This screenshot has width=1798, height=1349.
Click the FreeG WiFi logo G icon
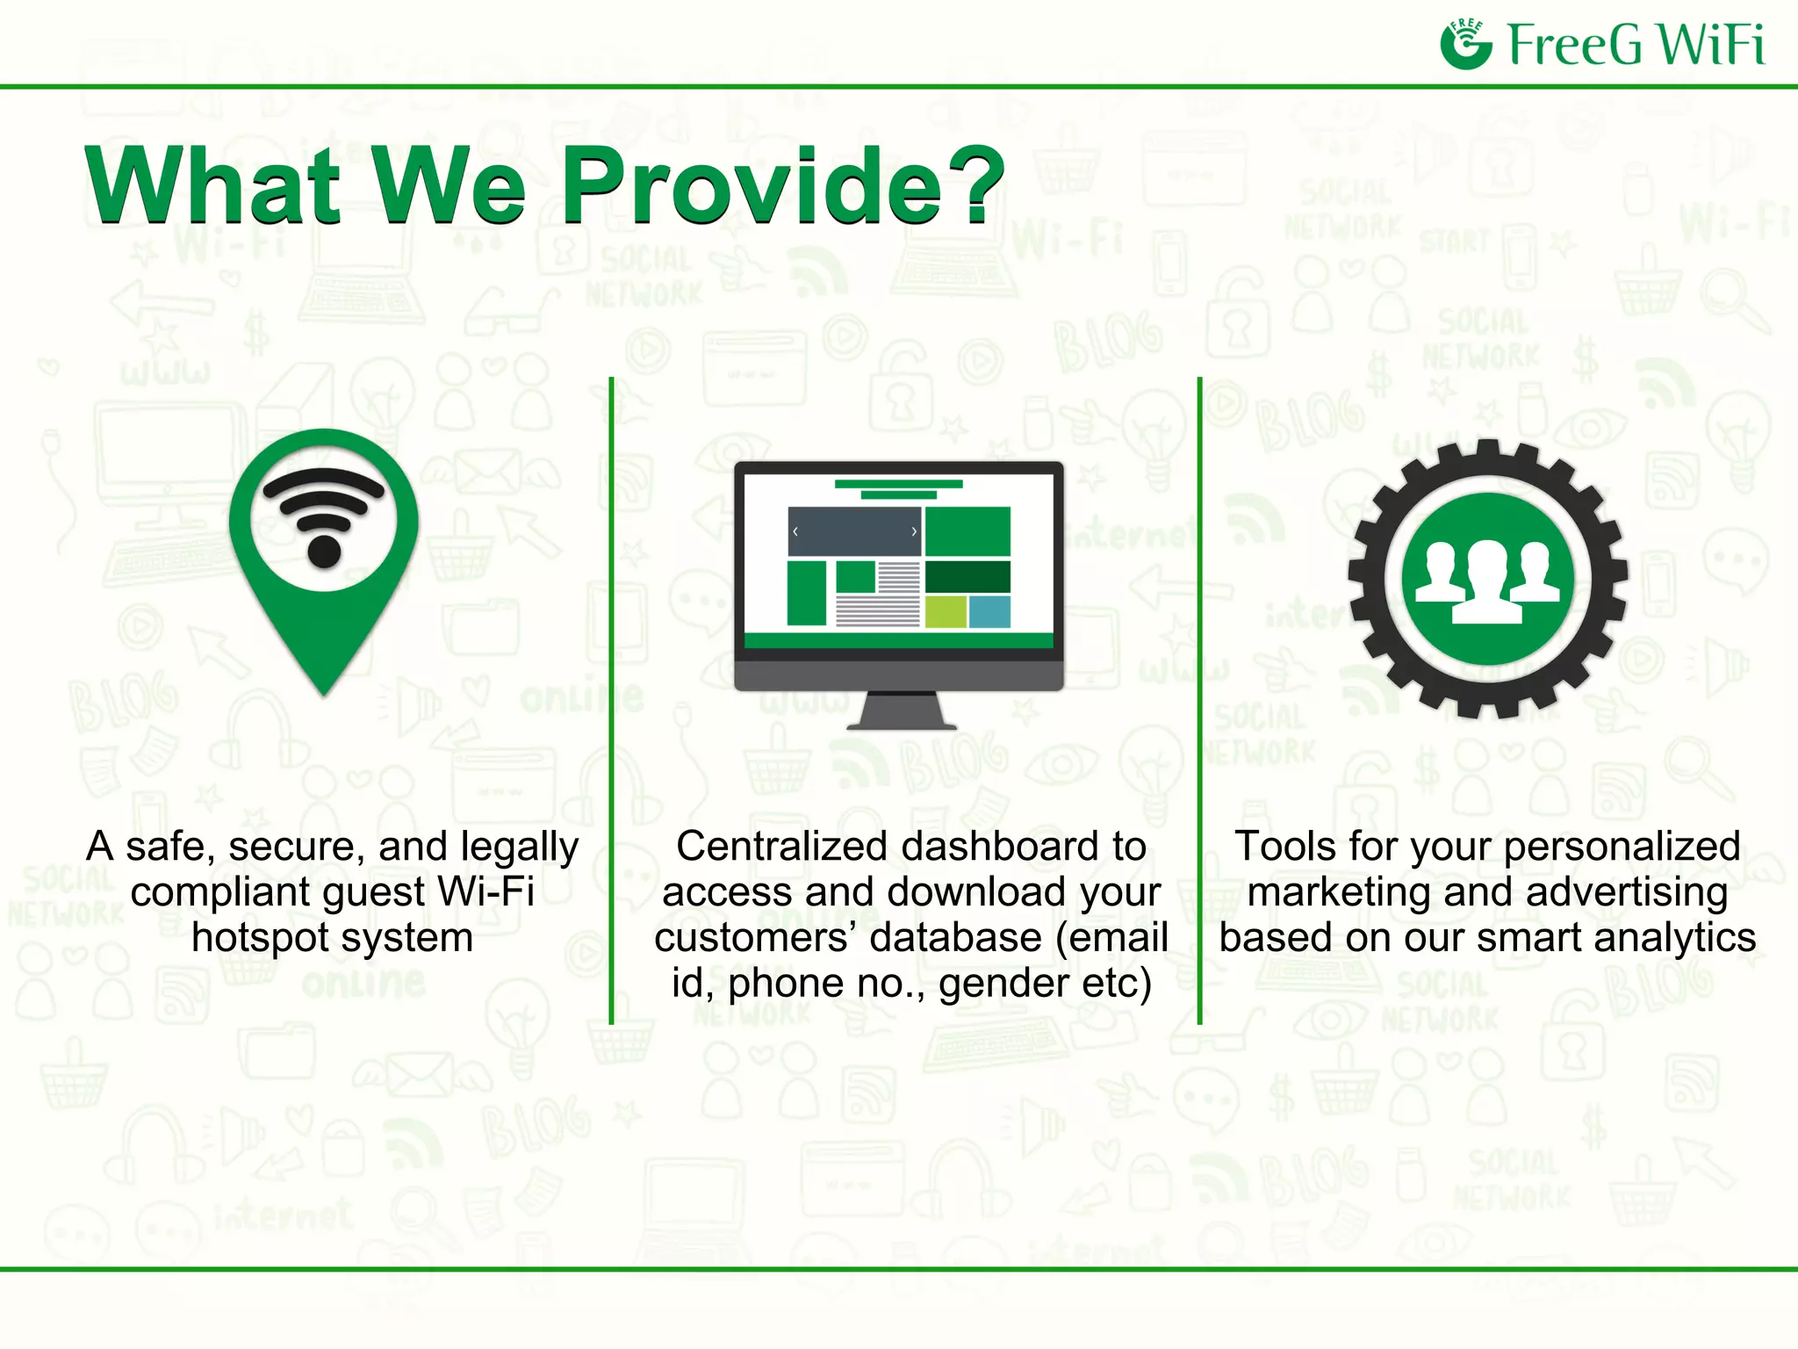click(1465, 45)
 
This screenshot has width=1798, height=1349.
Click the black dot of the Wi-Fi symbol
click(324, 552)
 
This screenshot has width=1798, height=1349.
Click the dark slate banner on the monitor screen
click(853, 531)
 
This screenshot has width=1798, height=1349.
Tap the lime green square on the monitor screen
click(946, 611)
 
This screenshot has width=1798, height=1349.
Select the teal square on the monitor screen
click(989, 611)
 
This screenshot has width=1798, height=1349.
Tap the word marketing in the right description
click(1340, 892)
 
